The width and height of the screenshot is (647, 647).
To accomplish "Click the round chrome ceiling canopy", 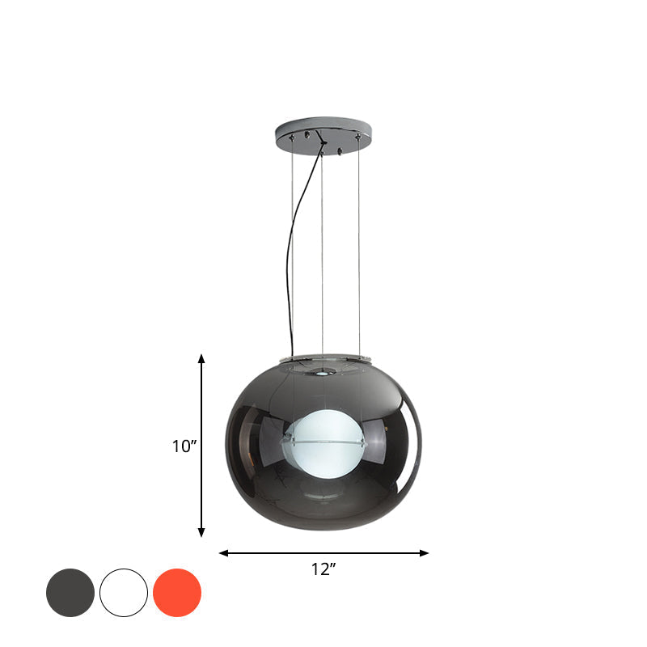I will (323, 129).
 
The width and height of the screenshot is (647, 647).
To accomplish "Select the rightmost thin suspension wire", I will (359, 243).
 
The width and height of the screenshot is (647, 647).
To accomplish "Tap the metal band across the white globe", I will (323, 443).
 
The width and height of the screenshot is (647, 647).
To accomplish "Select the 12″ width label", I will (323, 569).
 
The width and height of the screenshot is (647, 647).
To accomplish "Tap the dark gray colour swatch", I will (70, 593).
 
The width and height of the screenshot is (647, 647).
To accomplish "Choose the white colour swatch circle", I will (124, 593).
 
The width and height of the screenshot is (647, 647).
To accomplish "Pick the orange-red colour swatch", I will (177, 593).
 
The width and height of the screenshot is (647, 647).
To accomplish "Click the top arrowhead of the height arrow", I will (202, 358).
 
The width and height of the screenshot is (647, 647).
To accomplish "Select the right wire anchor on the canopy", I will (358, 137).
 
